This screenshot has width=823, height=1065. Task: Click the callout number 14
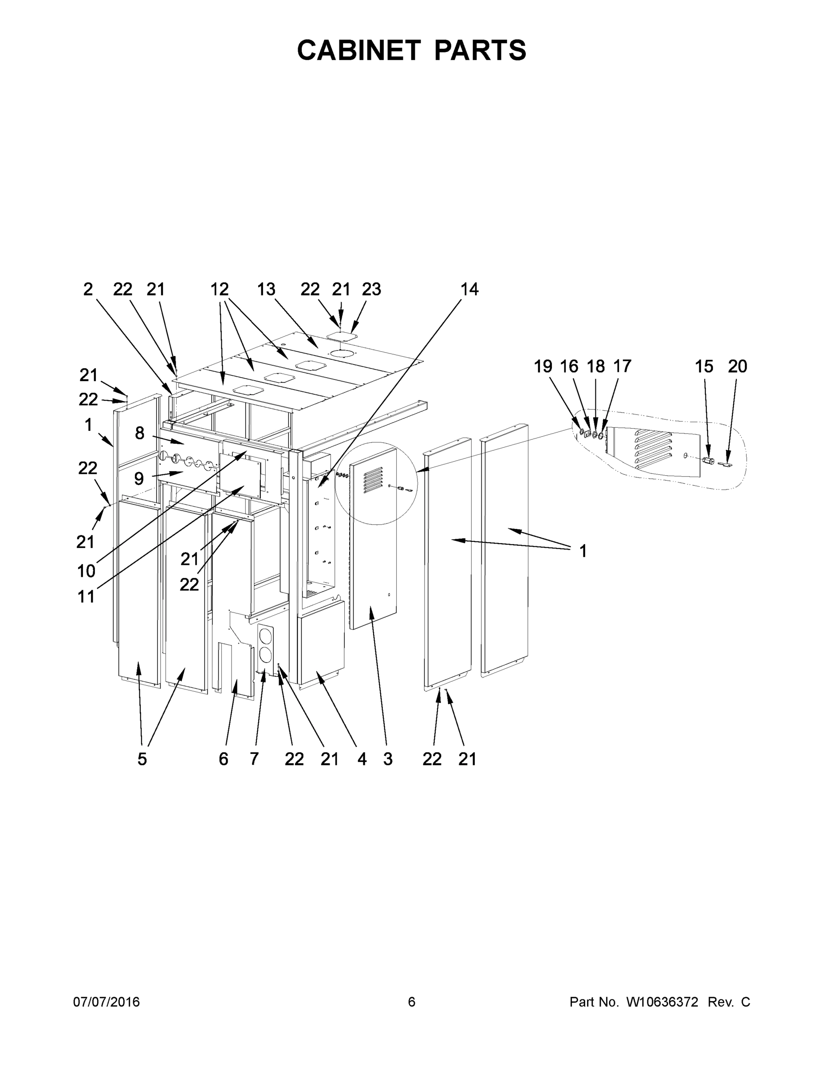pos(469,289)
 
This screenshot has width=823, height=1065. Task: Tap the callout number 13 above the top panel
pos(266,289)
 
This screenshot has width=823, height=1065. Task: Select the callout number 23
pos(371,289)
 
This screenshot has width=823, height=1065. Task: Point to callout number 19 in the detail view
pos(543,366)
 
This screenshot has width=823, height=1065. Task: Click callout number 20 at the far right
pos(737,366)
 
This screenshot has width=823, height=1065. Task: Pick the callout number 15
pos(704,366)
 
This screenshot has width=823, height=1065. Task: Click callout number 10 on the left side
pos(87,571)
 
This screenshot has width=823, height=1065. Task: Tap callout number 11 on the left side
pos(87,596)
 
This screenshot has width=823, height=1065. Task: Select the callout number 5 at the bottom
pos(142,759)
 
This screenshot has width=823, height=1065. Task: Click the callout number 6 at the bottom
pos(223,759)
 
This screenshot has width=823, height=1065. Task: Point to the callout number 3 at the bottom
pos(388,759)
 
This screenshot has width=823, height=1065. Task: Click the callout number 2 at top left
pos(88,289)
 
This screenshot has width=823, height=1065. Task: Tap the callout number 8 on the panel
pos(140,433)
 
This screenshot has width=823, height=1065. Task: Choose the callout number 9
pos(139,478)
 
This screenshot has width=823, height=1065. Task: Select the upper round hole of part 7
pos(265,636)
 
